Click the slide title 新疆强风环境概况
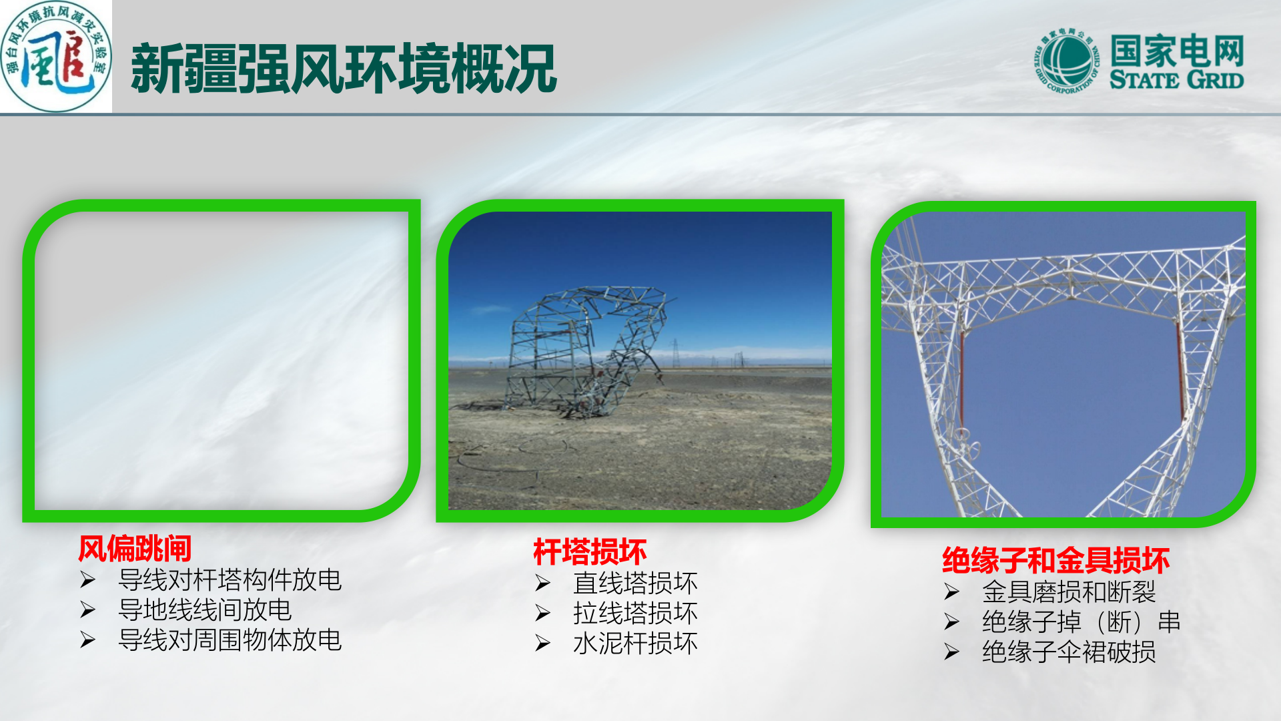click(x=343, y=69)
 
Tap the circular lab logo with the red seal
click(x=56, y=57)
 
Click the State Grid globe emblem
click(x=1066, y=61)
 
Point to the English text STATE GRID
click(x=1176, y=80)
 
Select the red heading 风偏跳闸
click(x=135, y=549)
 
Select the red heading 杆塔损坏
click(x=590, y=552)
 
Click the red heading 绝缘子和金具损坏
click(x=1055, y=560)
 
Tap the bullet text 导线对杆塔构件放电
click(x=230, y=579)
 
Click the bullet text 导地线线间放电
click(x=205, y=610)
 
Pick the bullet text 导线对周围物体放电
click(x=230, y=640)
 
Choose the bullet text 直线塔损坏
click(x=635, y=583)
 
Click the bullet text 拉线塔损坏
click(x=635, y=613)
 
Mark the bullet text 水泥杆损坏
click(x=635, y=643)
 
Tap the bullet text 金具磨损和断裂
click(x=1069, y=591)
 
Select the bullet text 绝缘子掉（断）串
click(x=1081, y=622)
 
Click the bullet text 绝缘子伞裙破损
click(x=1069, y=652)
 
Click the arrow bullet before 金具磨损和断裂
click(x=952, y=591)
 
